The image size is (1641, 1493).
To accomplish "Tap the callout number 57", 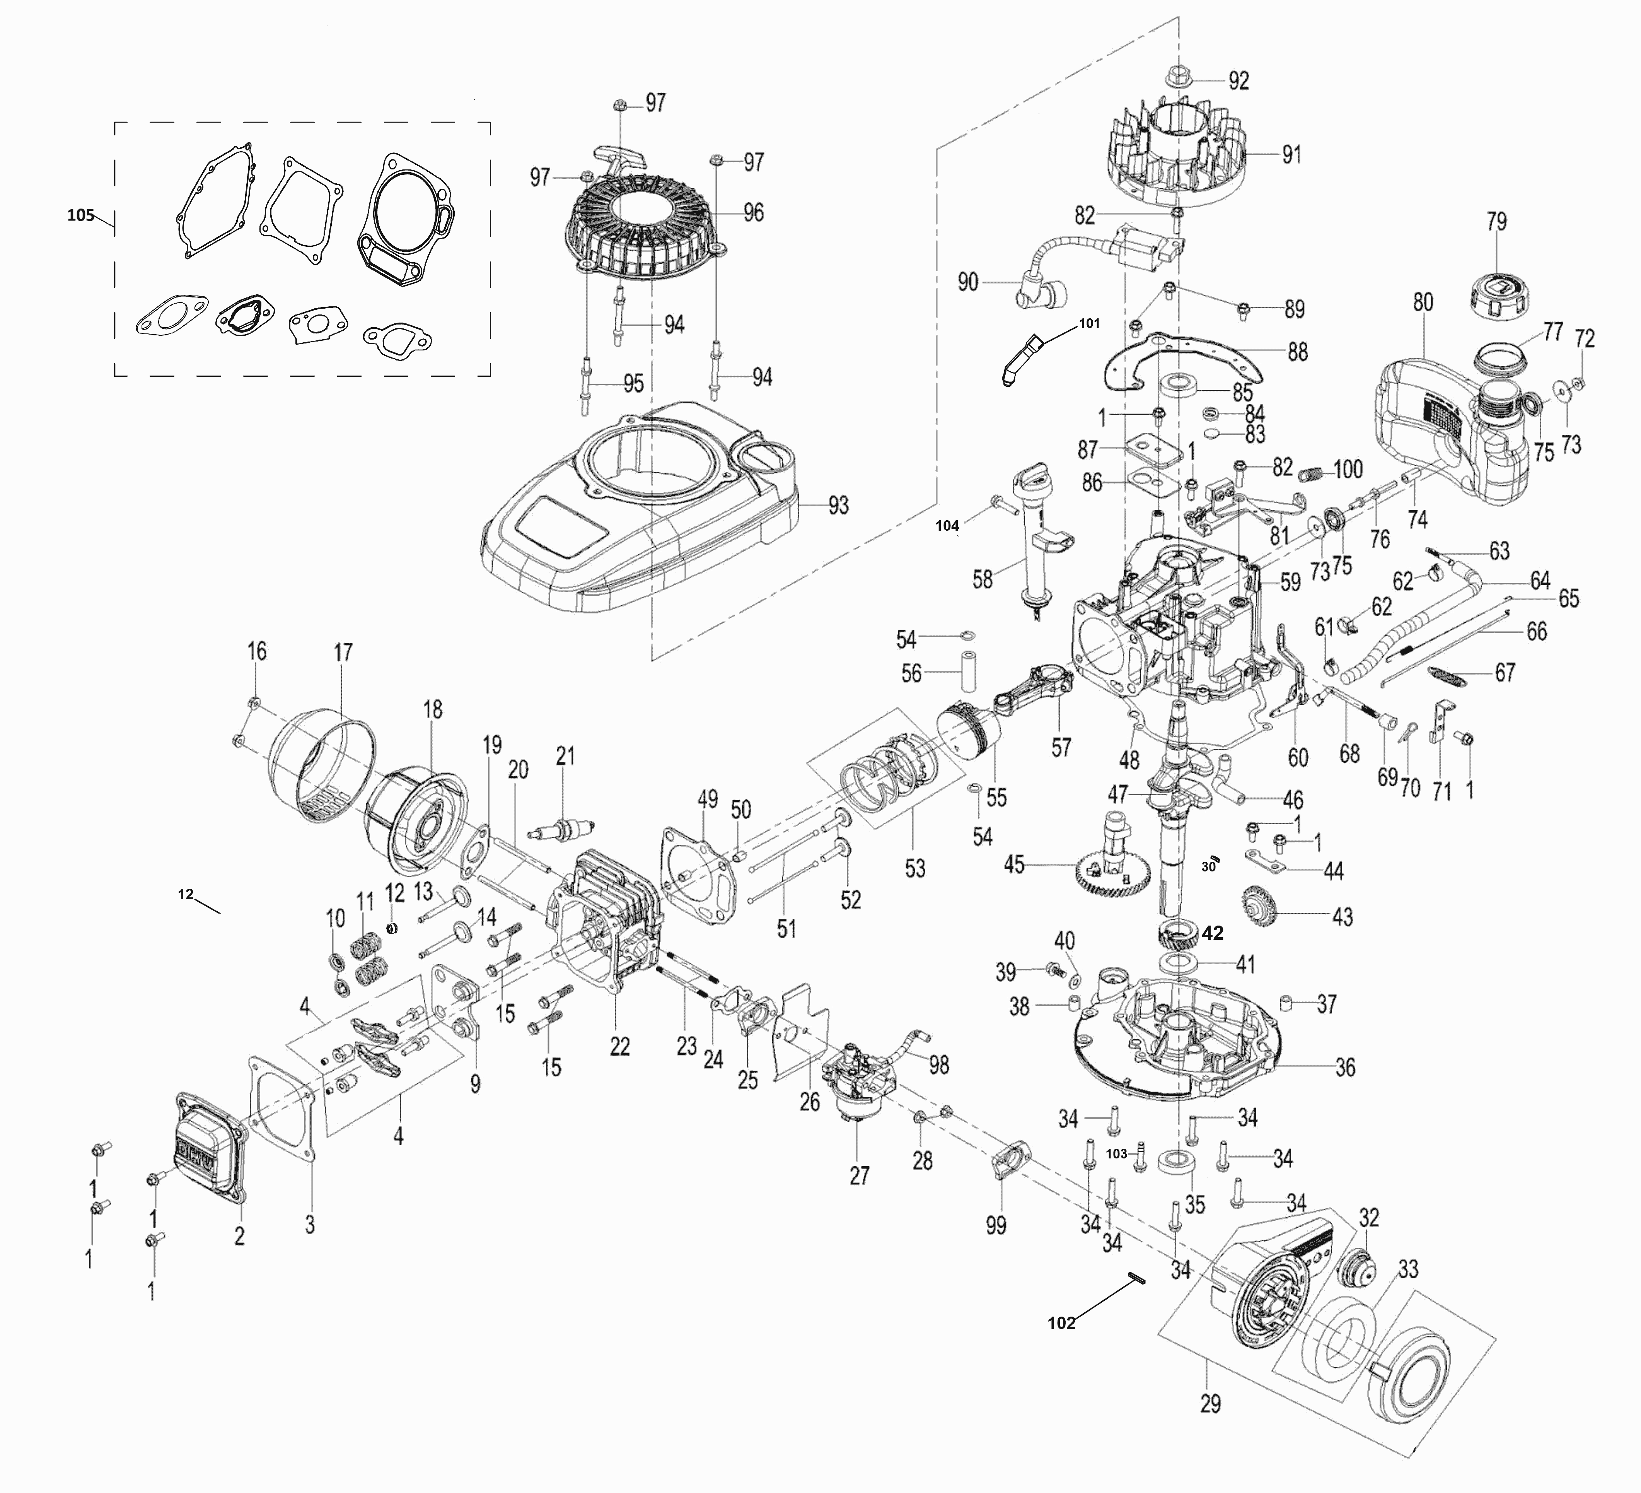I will click(1061, 746).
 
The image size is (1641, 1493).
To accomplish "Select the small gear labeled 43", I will click(1261, 904).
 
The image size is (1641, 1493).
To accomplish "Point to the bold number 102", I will click(1061, 1323).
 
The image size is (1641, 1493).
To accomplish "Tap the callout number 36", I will click(1345, 1067).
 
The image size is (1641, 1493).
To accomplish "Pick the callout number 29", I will click(1210, 1403).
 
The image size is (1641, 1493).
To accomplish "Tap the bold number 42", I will click(1212, 933).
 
